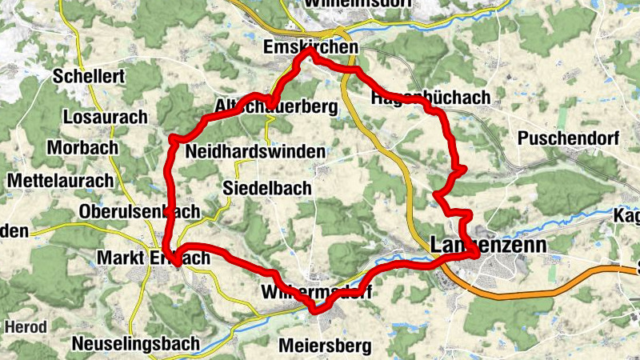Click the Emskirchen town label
(x=310, y=49)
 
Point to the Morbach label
(x=82, y=148)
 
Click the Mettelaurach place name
(x=60, y=180)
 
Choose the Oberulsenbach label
(x=139, y=212)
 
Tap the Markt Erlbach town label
(x=152, y=258)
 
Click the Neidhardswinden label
(x=254, y=151)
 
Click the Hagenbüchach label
(x=430, y=98)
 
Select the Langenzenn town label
(x=488, y=246)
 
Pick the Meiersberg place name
(x=326, y=346)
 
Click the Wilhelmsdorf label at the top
(x=358, y=3)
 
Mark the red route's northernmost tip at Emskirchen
(x=309, y=50)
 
